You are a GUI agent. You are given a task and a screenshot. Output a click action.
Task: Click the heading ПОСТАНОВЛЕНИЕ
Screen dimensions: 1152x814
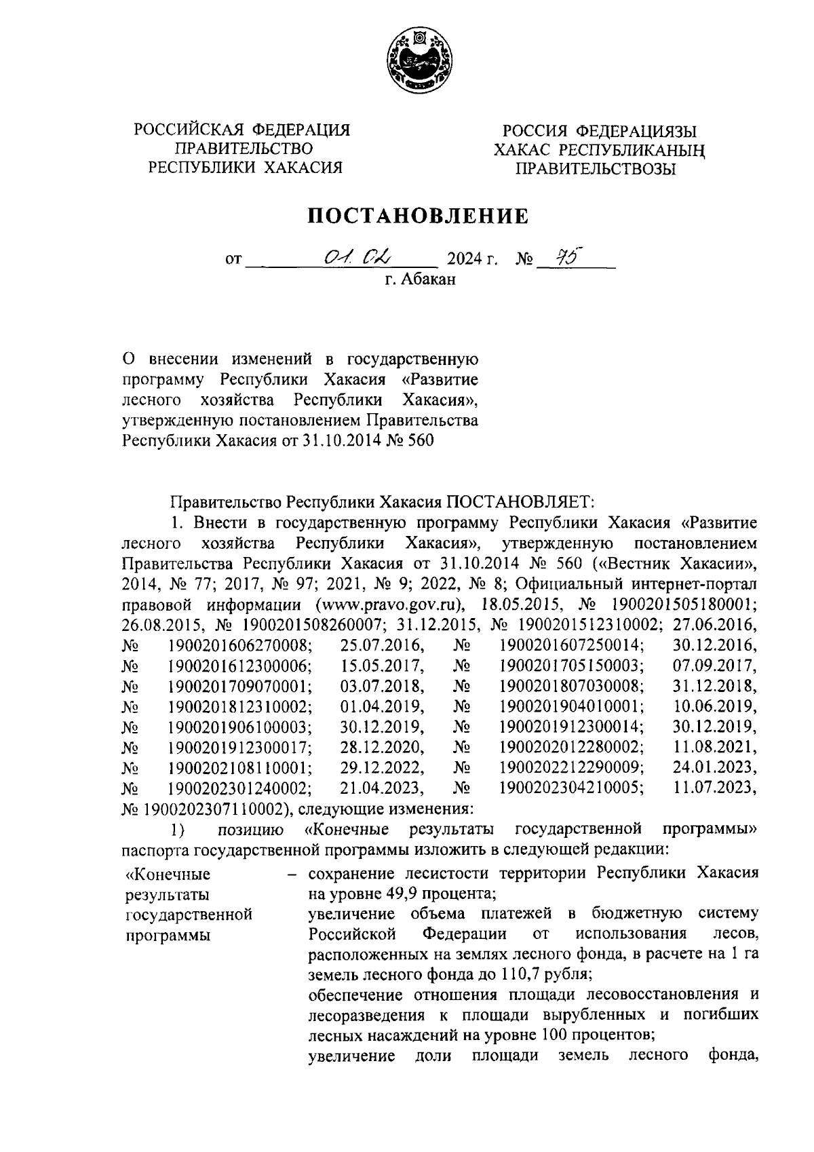pyautogui.click(x=419, y=216)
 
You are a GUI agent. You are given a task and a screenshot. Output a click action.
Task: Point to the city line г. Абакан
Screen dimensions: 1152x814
pyautogui.click(x=416, y=279)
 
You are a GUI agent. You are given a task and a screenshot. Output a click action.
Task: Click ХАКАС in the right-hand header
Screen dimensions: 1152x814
pyautogui.click(x=522, y=149)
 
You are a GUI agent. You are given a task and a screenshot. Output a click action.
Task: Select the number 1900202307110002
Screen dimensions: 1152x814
pyautogui.click(x=207, y=809)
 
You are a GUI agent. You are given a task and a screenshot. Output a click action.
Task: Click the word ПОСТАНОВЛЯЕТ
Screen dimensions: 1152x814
pyautogui.click(x=520, y=502)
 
